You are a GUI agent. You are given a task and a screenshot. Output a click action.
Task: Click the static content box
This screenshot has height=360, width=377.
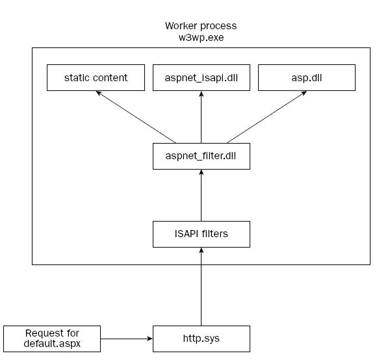click(96, 77)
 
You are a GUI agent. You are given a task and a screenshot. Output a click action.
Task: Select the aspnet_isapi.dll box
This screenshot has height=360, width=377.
click(201, 77)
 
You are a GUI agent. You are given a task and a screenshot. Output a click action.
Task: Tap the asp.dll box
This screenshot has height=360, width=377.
click(307, 77)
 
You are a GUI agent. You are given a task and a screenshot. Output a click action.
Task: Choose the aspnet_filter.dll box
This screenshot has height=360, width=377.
click(201, 156)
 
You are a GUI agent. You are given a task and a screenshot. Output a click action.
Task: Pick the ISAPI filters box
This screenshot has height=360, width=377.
click(201, 234)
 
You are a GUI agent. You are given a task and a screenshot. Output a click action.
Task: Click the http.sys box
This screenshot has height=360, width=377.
click(201, 339)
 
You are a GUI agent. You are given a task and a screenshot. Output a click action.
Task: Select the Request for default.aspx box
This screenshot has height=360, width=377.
click(52, 339)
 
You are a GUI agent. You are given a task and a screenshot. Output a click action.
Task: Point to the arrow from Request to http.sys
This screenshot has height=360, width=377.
click(127, 339)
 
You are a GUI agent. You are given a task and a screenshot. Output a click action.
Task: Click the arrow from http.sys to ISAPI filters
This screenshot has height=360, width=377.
click(201, 287)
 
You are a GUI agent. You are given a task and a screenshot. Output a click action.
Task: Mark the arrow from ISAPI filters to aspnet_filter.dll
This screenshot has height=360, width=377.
click(201, 196)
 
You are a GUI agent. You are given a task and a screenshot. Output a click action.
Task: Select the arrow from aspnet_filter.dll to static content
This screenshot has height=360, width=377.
click(136, 117)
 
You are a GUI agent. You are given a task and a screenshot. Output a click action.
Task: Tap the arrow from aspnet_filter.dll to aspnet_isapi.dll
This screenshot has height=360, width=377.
click(201, 117)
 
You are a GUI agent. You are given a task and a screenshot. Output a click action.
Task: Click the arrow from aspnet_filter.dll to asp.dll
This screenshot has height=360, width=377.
click(266, 117)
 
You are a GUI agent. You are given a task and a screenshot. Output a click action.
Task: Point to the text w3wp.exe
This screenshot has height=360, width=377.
click(201, 38)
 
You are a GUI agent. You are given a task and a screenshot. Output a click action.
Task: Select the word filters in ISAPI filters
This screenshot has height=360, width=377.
click(214, 233)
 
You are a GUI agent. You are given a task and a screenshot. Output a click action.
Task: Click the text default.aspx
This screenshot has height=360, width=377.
click(52, 343)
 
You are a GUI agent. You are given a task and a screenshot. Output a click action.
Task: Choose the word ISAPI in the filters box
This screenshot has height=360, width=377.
click(187, 233)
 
